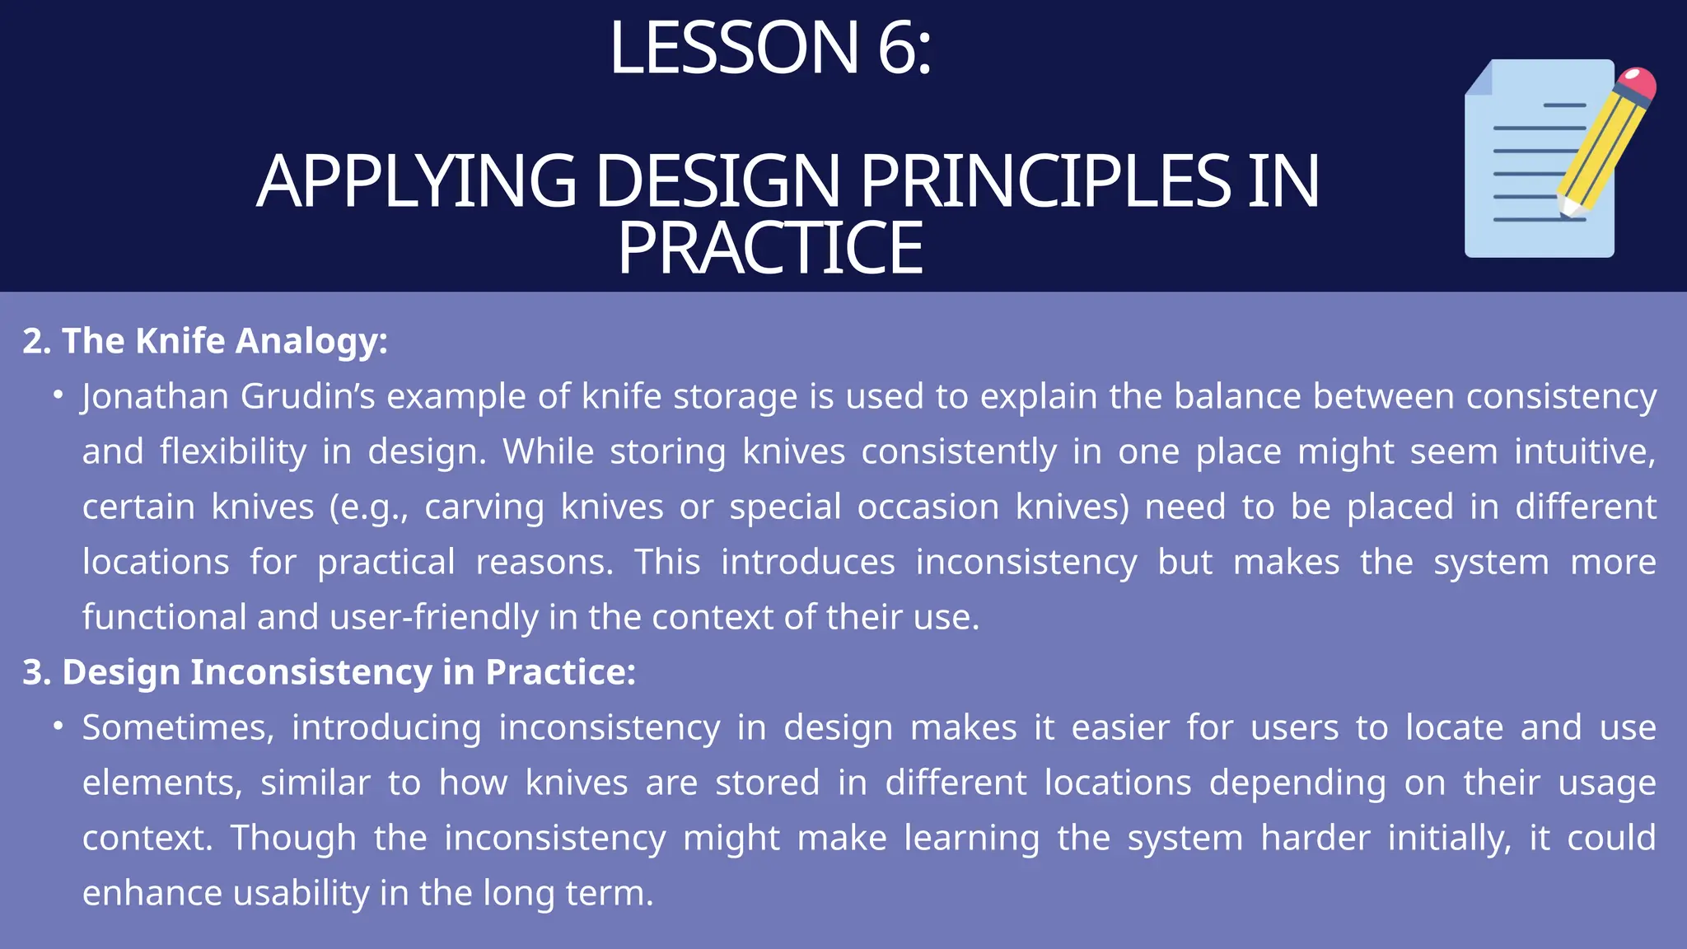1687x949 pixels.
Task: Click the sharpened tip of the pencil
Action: [1564, 209]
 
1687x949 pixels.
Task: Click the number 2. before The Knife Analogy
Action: [37, 341]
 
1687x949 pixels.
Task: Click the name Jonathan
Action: [155, 397]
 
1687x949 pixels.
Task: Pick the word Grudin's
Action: [308, 397]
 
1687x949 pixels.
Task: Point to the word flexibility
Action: [233, 452]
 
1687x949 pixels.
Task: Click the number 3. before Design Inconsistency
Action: [37, 672]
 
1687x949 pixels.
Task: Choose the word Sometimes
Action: [178, 728]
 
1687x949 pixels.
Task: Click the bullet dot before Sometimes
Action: [58, 726]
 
